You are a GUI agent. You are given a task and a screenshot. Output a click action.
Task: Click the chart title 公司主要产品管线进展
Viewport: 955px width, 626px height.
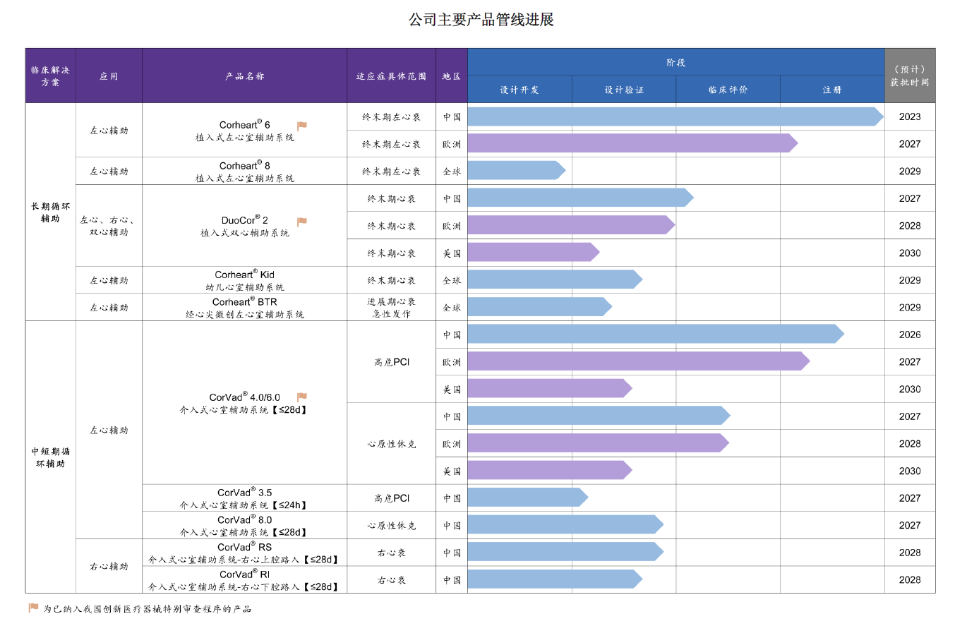481,19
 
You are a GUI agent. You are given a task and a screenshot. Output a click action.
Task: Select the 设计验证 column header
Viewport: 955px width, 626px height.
623,90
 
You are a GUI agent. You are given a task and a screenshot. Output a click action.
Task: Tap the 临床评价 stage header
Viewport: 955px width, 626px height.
728,90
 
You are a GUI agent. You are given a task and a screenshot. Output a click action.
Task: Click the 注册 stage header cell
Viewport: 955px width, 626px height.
831,90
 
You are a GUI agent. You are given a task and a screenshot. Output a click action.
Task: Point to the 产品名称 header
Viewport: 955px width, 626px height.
244,76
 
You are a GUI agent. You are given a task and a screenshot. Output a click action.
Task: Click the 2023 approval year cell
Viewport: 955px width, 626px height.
909,116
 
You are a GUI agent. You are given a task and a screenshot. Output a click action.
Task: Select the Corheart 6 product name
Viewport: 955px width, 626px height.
244,125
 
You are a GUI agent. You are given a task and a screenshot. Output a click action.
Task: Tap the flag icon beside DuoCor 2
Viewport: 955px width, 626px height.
302,222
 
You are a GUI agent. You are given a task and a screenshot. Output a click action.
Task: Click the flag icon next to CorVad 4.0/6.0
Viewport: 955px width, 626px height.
302,397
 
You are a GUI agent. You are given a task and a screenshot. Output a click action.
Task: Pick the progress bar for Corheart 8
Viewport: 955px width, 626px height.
515,171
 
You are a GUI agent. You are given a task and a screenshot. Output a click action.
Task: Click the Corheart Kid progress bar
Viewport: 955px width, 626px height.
554,279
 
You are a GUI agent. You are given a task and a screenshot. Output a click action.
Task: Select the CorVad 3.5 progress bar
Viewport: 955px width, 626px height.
527,498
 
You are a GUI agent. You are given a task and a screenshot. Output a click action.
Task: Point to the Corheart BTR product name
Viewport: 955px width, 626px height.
244,302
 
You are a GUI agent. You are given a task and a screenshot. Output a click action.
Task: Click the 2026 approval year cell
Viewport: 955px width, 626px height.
909,335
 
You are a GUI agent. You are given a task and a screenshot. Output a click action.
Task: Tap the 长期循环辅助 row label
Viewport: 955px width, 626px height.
51,212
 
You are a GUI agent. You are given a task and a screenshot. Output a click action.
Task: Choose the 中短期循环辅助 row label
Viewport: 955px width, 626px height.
51,457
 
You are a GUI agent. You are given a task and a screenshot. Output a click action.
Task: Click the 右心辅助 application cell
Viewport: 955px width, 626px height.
109,566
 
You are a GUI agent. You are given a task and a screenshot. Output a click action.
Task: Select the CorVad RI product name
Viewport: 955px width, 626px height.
244,574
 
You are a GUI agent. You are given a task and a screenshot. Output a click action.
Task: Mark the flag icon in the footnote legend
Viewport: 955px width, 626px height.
33,608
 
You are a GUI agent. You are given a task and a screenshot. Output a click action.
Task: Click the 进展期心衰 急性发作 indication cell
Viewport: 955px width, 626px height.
391,307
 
